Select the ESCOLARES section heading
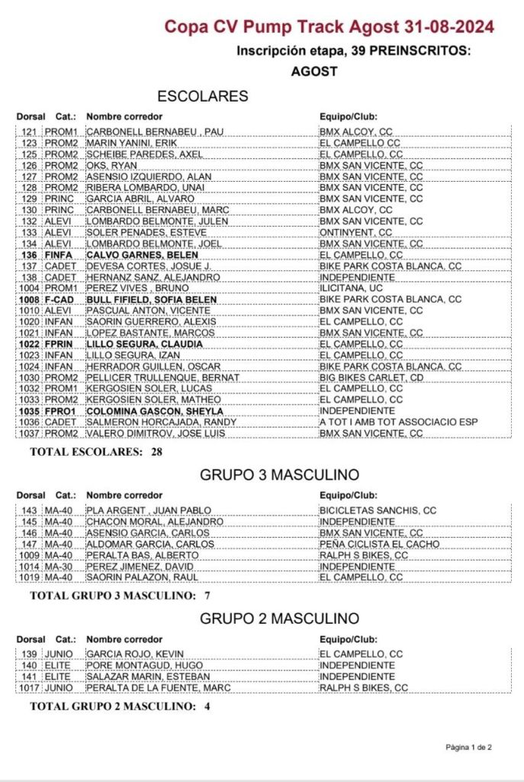pos(202,96)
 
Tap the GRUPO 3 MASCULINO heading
pos(279,475)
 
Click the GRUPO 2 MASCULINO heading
pos(279,617)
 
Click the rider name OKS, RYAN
pos(112,165)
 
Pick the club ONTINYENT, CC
pos(355,232)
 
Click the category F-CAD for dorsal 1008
pos(57,299)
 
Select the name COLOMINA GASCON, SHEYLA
pos(154,411)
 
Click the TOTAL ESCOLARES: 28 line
pos(95,451)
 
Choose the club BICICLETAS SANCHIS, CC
pos(378,510)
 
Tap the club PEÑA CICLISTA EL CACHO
pos(379,544)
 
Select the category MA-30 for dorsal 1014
pos(58,567)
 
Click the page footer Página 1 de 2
pos(468,746)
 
